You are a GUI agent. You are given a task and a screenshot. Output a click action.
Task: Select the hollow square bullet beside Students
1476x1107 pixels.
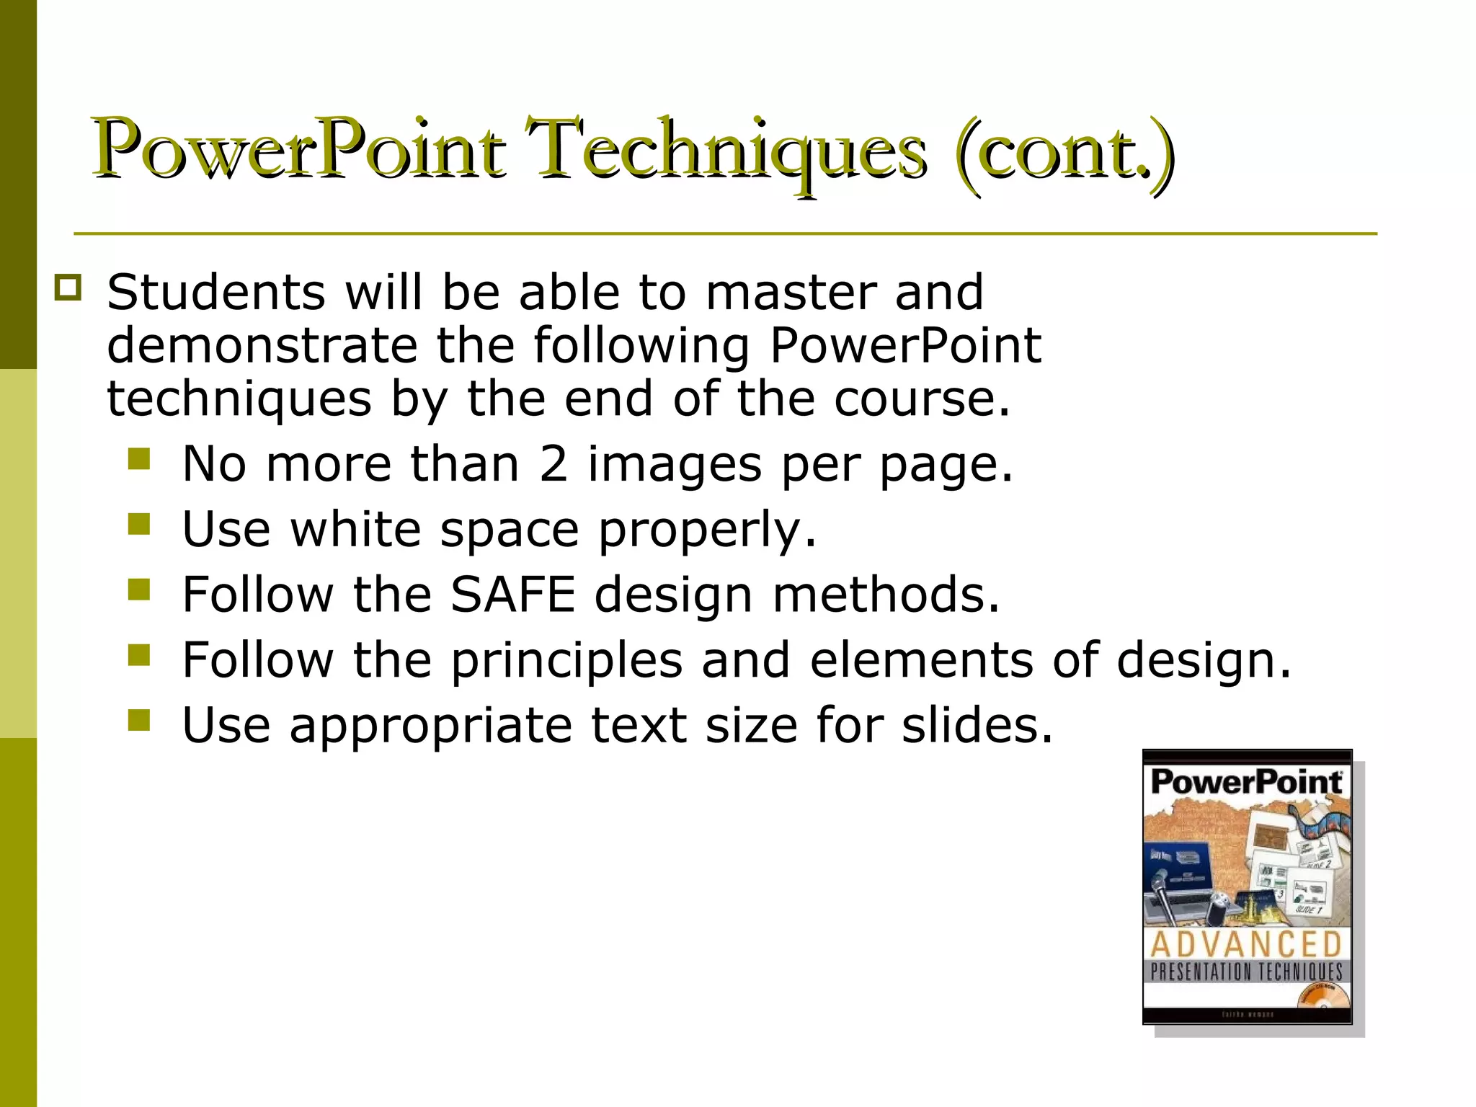[x=68, y=288]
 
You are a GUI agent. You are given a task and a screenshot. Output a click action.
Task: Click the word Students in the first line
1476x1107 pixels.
[x=216, y=293]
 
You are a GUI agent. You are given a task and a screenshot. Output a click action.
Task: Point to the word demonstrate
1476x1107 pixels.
[x=262, y=346]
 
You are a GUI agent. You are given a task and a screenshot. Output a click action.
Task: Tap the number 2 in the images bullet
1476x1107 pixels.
[x=553, y=463]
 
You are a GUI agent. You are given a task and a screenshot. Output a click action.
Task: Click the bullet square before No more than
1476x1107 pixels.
[x=139, y=459]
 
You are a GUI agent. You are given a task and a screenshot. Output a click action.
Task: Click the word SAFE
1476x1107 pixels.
[x=512, y=595]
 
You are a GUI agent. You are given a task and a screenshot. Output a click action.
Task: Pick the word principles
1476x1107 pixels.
[x=566, y=661]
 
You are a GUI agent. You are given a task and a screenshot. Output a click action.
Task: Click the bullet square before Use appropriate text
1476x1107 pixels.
[x=139, y=720]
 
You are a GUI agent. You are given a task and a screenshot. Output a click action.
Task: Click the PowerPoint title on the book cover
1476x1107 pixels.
[x=1246, y=783]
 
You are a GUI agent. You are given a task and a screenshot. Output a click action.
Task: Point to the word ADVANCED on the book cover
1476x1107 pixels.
[x=1246, y=944]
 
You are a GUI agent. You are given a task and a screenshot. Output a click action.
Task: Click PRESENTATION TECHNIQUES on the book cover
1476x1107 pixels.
[x=1246, y=972]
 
